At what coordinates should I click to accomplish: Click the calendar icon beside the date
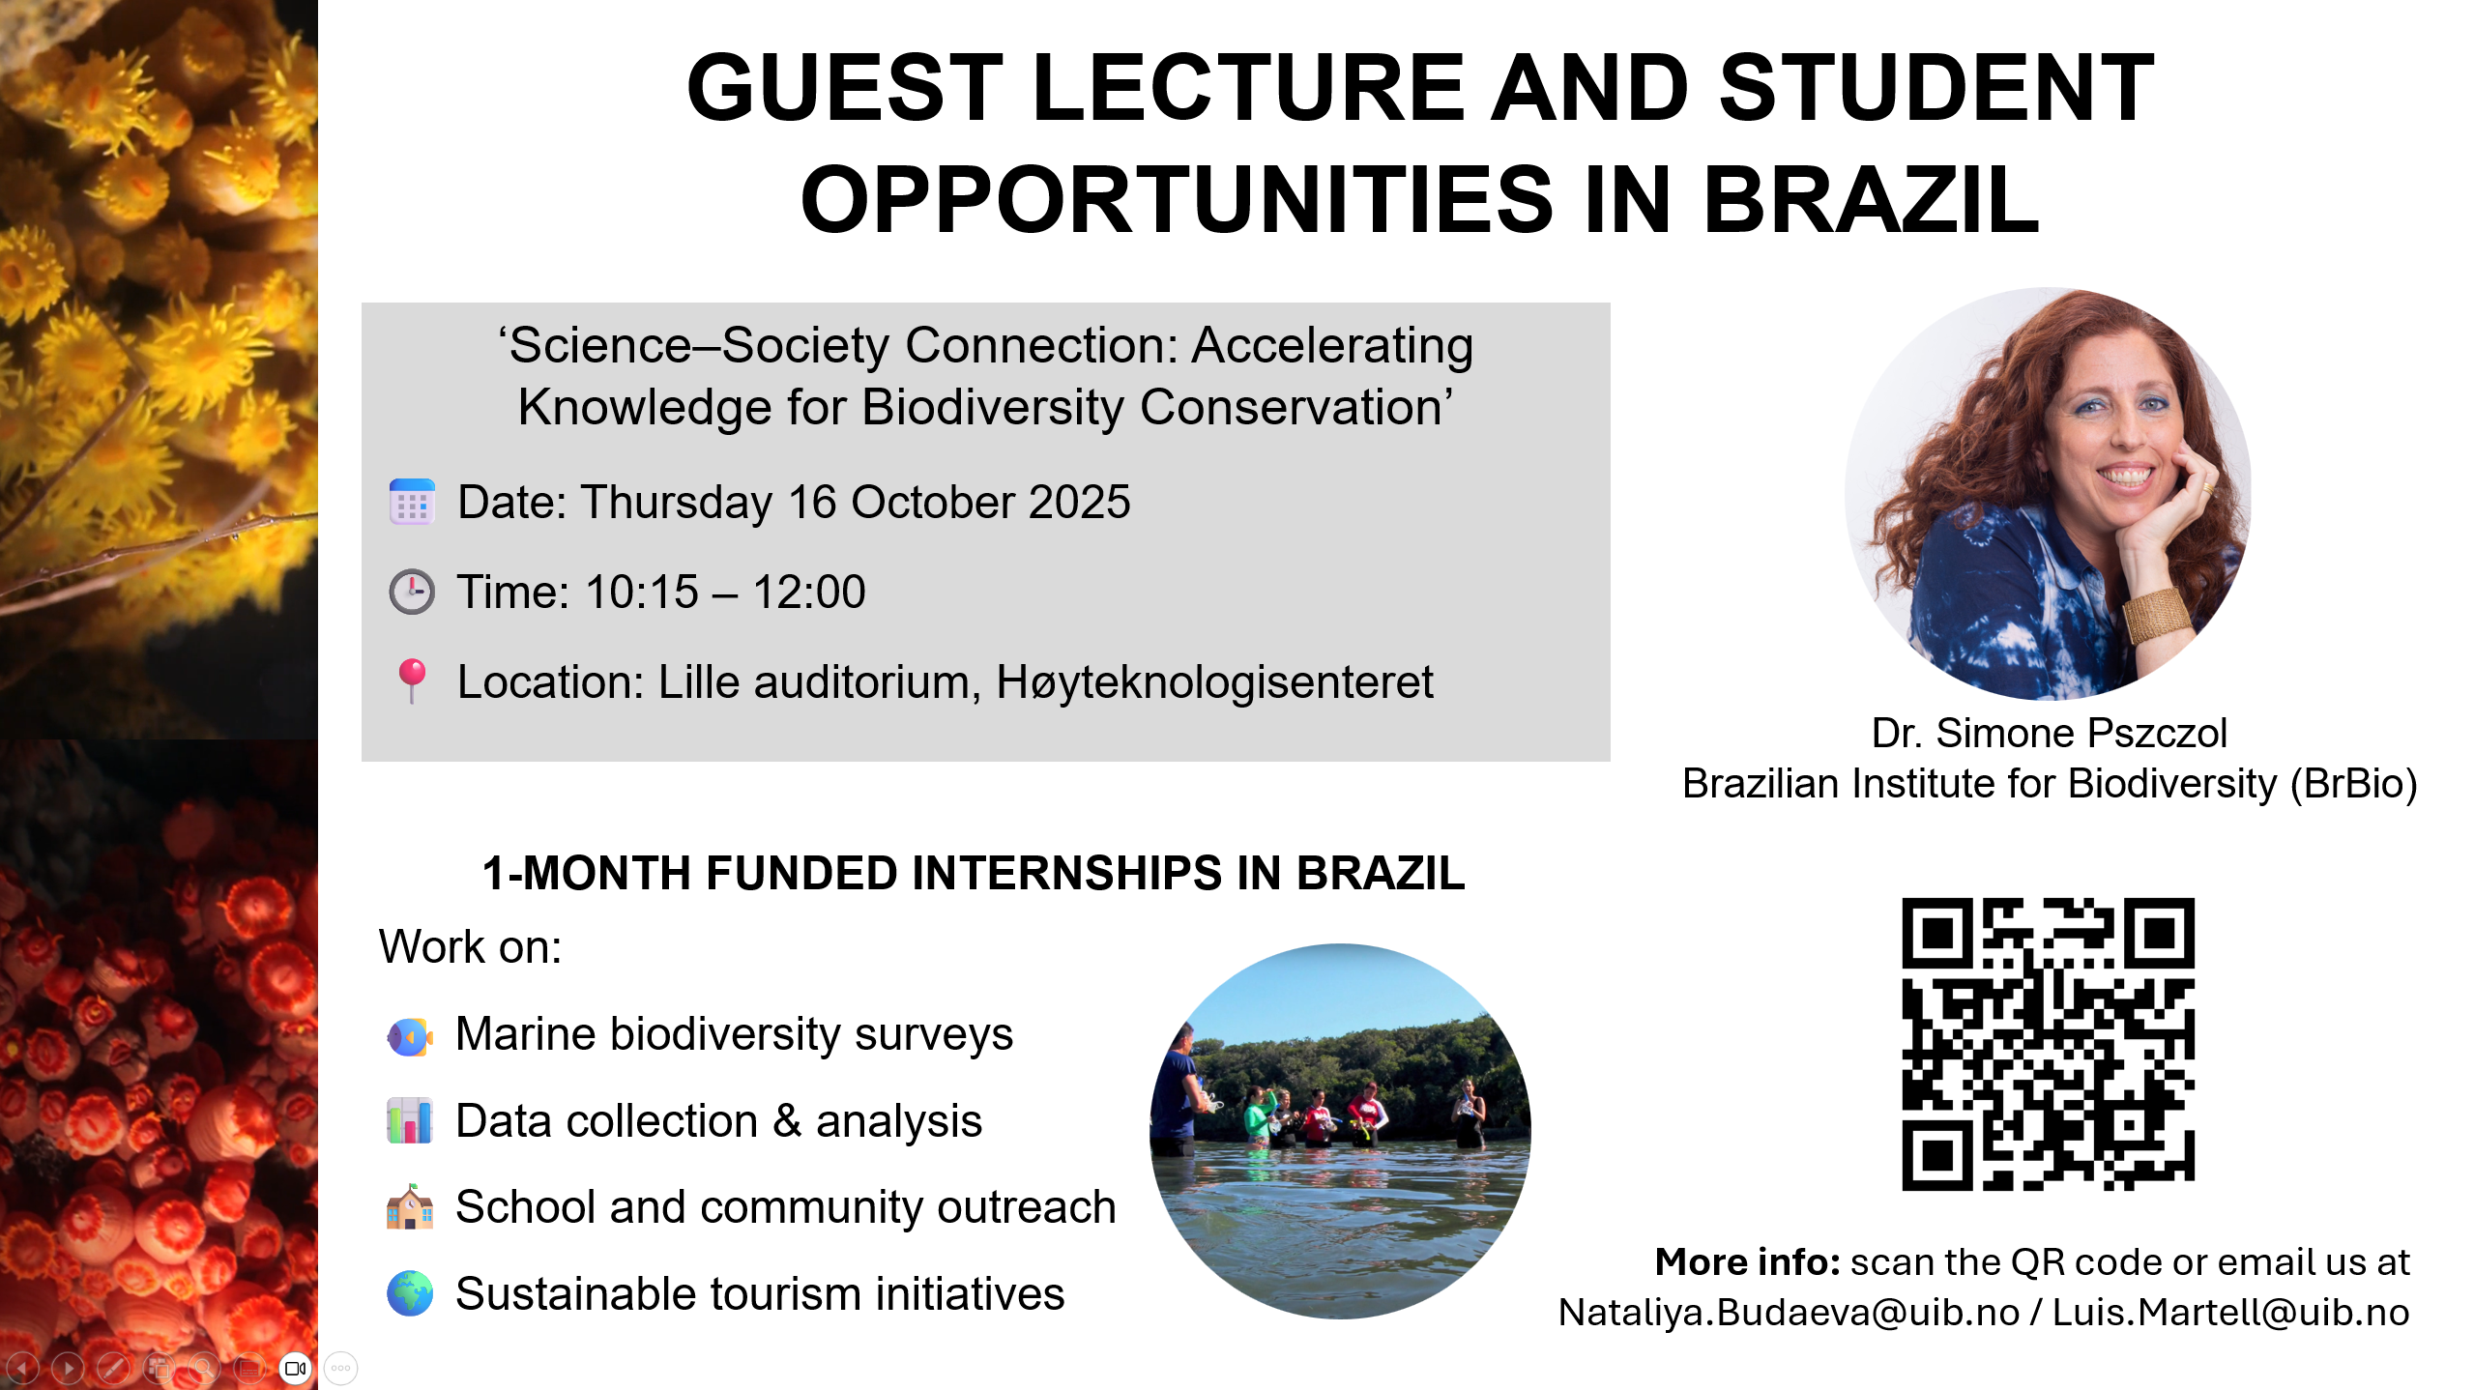(x=412, y=502)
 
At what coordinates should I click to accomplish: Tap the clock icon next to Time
(x=412, y=592)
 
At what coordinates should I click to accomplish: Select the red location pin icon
(x=412, y=681)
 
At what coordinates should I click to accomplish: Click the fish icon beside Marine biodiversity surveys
(x=410, y=1037)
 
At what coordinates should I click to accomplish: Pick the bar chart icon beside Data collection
(x=410, y=1121)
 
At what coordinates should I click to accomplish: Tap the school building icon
(x=410, y=1206)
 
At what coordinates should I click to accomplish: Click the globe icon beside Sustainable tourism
(x=410, y=1293)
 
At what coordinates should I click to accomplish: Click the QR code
(x=2048, y=1044)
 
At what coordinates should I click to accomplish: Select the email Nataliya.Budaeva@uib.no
(x=1790, y=1313)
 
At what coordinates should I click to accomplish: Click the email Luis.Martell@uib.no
(x=2230, y=1313)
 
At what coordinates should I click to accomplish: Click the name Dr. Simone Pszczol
(x=2049, y=733)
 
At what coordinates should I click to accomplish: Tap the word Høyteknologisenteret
(x=1215, y=682)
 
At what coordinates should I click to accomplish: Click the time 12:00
(x=809, y=592)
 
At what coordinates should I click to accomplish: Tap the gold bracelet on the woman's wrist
(x=2156, y=615)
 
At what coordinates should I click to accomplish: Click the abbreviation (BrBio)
(x=2353, y=784)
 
